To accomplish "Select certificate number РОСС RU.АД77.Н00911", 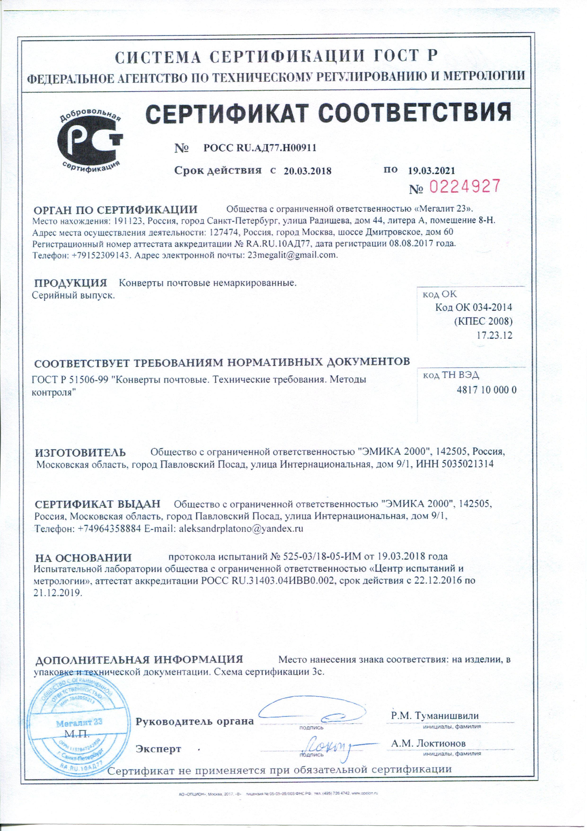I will [x=260, y=148].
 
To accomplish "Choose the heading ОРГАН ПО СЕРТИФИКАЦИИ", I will [x=115, y=210].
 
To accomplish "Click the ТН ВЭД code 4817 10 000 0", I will [x=486, y=390].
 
